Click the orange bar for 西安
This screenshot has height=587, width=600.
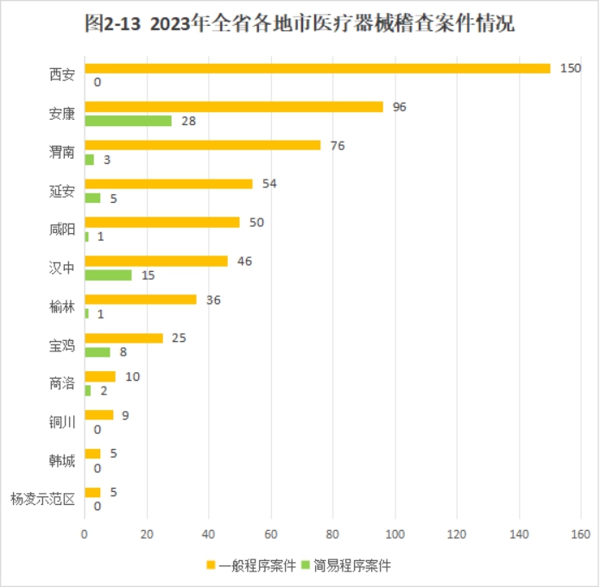[x=317, y=68]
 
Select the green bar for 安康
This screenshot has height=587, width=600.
[x=128, y=121]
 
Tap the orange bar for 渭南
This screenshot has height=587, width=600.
[x=202, y=146]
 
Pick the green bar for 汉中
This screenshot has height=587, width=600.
[x=108, y=275]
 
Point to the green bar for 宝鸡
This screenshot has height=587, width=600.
[x=97, y=352]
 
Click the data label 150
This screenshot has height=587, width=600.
[x=570, y=68]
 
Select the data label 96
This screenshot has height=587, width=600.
[x=400, y=107]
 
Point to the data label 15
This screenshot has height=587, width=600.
[x=148, y=275]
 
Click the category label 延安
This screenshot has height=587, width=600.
[x=62, y=191]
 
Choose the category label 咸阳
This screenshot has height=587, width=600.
[x=62, y=230]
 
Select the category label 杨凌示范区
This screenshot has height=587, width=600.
[x=43, y=499]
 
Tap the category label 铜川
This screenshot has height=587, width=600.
[x=62, y=422]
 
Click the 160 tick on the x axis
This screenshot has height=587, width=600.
[x=580, y=533]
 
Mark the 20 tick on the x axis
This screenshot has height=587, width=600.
[x=147, y=533]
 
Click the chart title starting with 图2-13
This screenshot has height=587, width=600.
[x=300, y=24]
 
